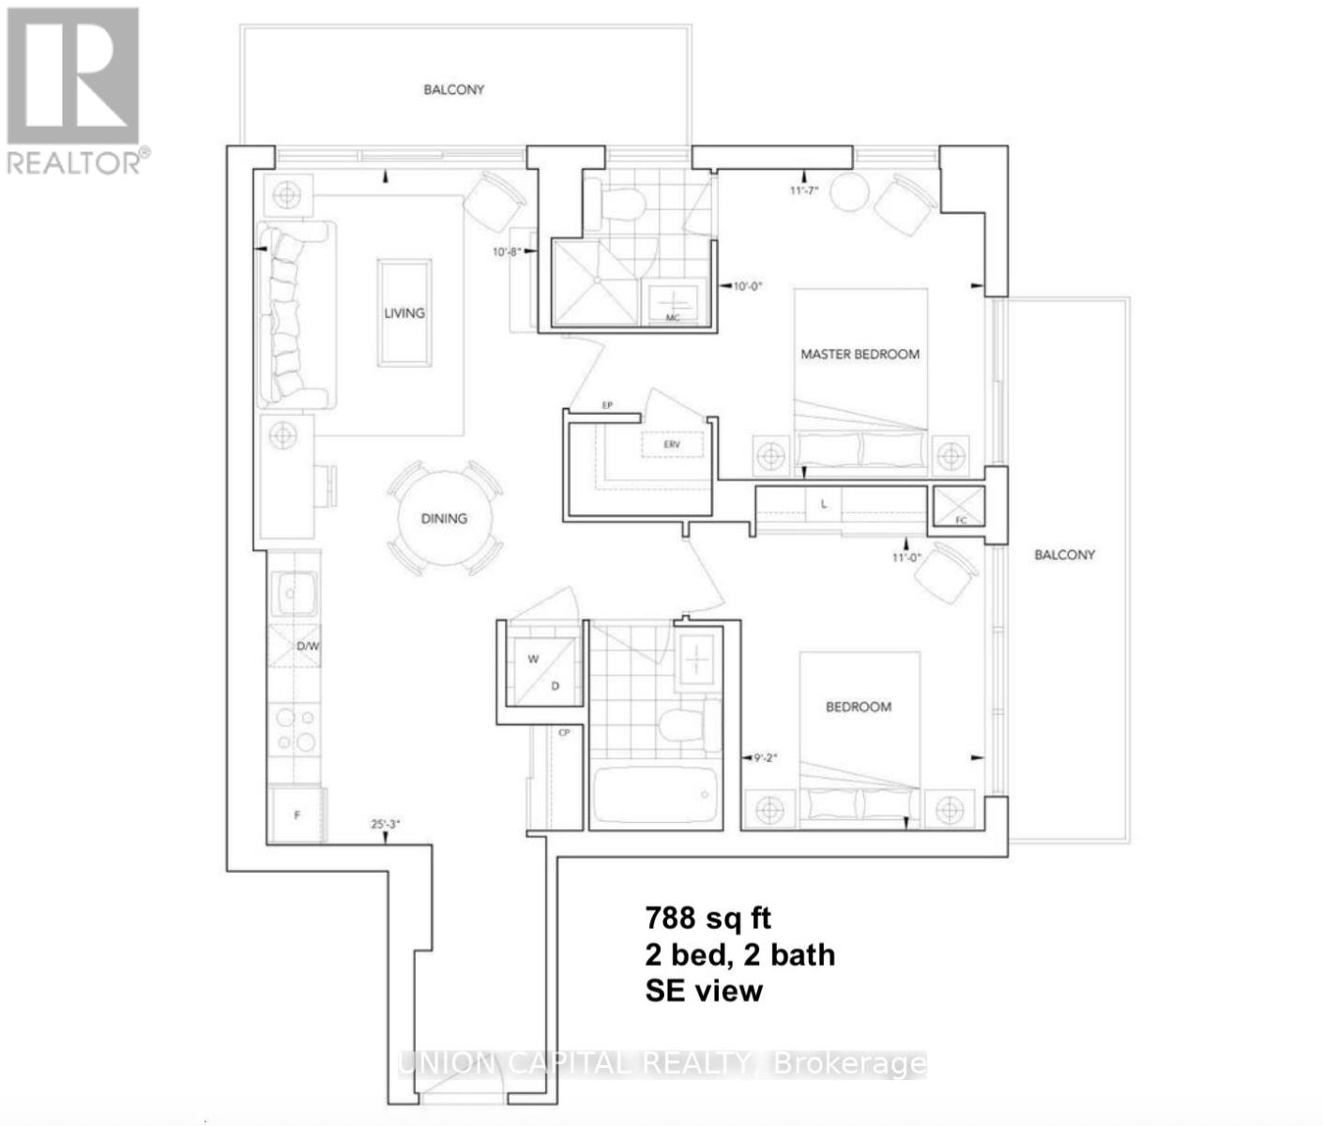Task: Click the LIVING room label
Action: tap(404, 313)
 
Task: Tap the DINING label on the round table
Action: tap(444, 518)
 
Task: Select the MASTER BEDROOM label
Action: tap(859, 354)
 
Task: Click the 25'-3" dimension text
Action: tap(386, 823)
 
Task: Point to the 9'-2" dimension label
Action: tap(767, 757)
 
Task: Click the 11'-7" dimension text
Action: tap(804, 190)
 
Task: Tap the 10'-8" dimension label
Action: tap(507, 251)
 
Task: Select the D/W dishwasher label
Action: tap(308, 647)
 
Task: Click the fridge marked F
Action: tap(297, 814)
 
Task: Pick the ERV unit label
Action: tap(671, 444)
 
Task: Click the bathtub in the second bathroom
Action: tap(656, 797)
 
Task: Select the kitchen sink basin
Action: tap(296, 593)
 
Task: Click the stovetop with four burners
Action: tap(296, 731)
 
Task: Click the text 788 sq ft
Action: tap(708, 917)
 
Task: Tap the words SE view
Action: tap(704, 990)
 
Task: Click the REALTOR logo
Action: tap(75, 90)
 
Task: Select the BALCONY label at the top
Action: tap(454, 89)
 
